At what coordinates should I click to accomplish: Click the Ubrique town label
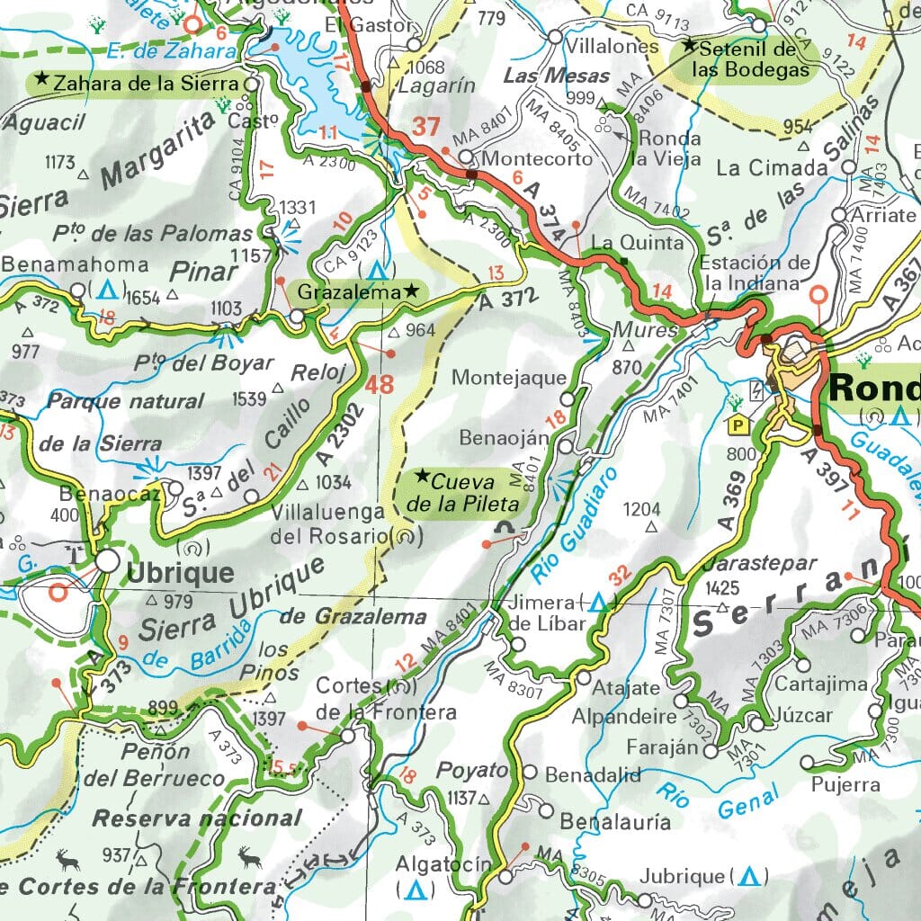coord(181,573)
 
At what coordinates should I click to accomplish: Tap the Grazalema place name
coord(348,291)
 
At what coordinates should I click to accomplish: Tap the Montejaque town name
coord(509,378)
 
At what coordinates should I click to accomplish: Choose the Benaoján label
coord(504,438)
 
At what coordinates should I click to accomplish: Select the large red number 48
coord(380,385)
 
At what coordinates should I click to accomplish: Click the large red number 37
coord(425,127)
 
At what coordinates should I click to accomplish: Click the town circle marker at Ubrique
coord(108,561)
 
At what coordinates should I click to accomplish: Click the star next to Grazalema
coord(411,290)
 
